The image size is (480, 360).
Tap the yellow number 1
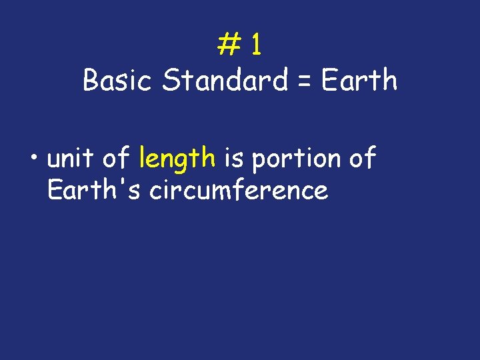click(x=257, y=45)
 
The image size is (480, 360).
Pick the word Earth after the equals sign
click(x=359, y=81)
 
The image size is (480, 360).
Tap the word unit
click(x=71, y=159)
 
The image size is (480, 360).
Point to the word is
click(x=233, y=159)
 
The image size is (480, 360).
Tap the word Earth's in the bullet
click(x=94, y=191)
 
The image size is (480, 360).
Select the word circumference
click(x=239, y=191)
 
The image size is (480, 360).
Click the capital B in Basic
click(x=90, y=81)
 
